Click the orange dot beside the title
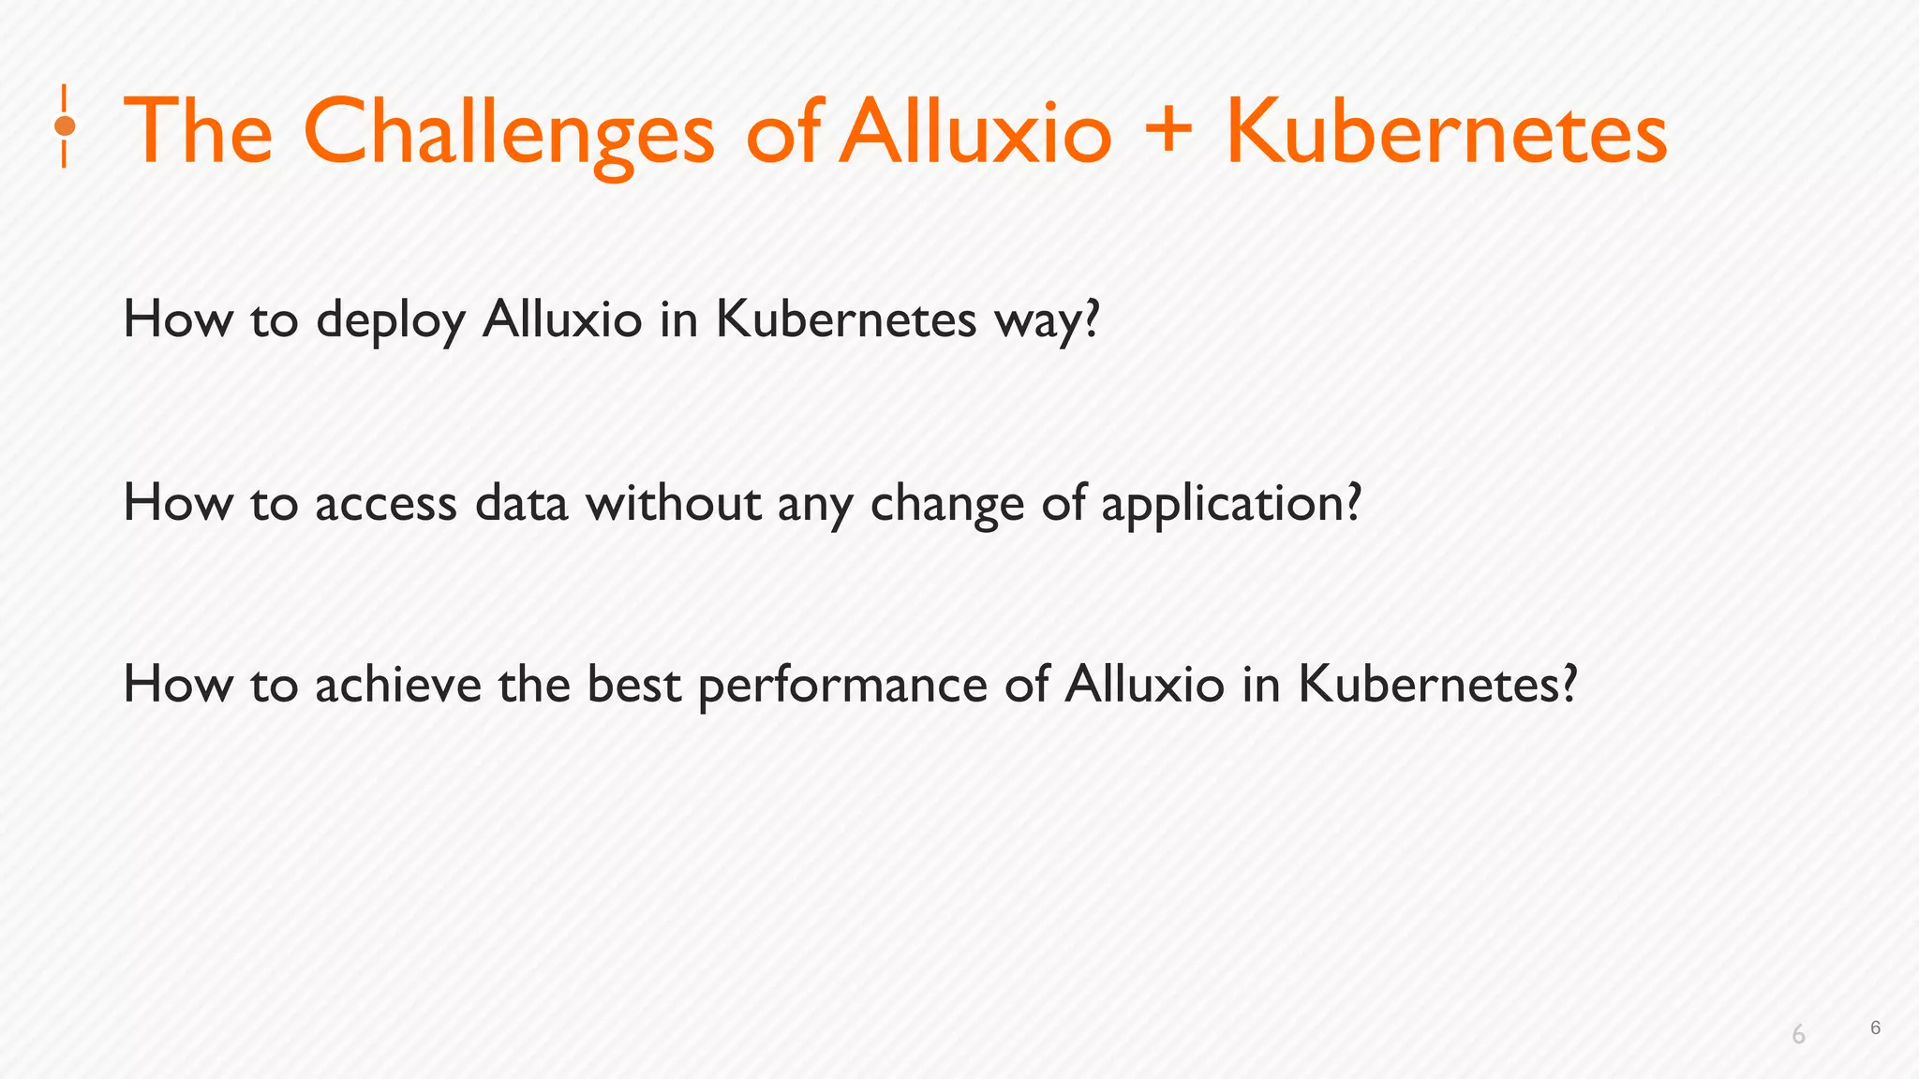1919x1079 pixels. click(65, 126)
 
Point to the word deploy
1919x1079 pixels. click(390, 321)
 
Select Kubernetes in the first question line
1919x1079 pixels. click(846, 319)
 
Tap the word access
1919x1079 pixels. click(386, 505)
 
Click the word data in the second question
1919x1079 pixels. click(521, 503)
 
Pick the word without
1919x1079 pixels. click(674, 503)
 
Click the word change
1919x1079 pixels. click(947, 505)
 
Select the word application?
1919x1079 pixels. click(1230, 505)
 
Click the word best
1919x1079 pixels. click(633, 685)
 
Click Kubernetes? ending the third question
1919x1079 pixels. click(1437, 685)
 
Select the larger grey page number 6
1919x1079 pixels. click(1798, 1035)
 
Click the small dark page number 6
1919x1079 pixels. click(1875, 1027)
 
